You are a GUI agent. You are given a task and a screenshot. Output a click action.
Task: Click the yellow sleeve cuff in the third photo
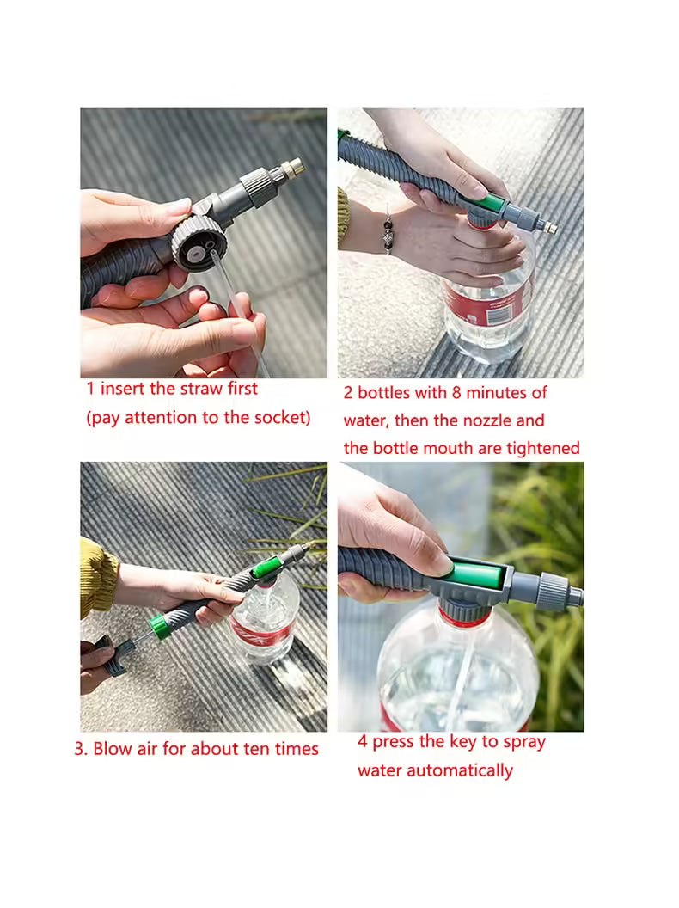(x=97, y=579)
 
